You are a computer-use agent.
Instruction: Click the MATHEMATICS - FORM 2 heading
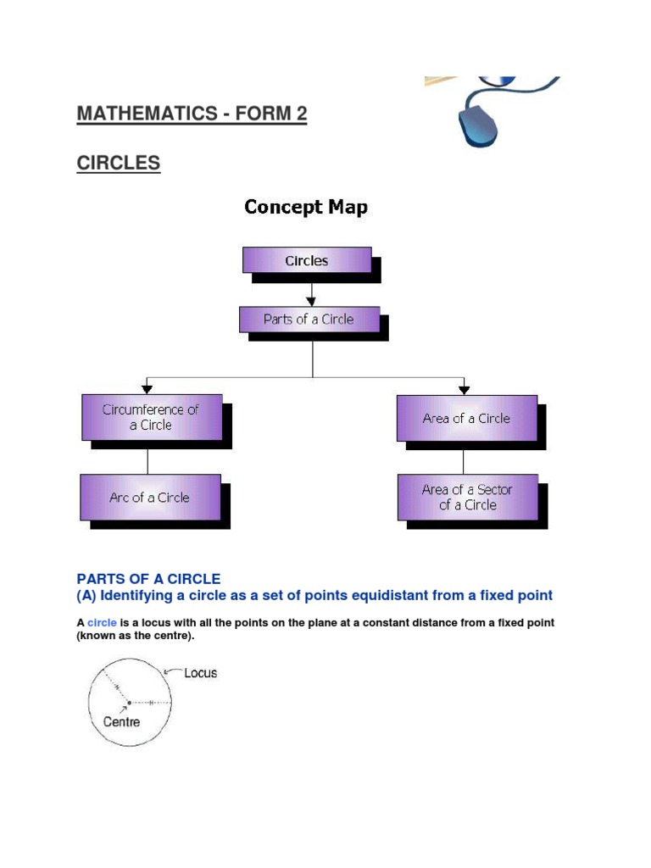point(192,114)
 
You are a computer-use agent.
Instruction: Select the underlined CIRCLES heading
point(118,163)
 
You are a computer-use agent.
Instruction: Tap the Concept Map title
point(306,207)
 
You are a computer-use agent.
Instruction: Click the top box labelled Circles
point(307,260)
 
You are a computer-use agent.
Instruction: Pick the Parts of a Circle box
point(309,320)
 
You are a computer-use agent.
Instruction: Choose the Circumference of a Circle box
point(152,417)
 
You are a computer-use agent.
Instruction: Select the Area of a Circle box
point(466,418)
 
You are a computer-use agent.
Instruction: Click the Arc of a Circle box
point(150,498)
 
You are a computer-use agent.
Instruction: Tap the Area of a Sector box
point(467,497)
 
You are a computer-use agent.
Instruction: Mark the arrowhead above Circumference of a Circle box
point(148,389)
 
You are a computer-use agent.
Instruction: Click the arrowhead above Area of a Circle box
point(464,389)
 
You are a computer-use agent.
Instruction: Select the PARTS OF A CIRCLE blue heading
point(148,579)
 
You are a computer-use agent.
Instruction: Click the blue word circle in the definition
point(102,623)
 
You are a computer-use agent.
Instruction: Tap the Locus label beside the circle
point(200,673)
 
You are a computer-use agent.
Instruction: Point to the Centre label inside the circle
point(122,722)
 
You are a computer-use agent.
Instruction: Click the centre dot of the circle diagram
point(129,703)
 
